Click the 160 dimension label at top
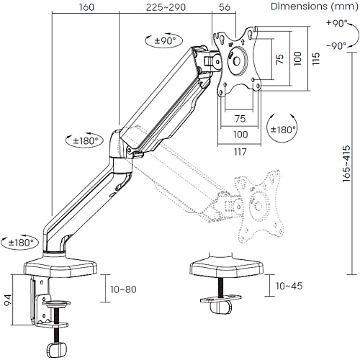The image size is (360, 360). click(86, 7)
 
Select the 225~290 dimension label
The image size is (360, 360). click(166, 7)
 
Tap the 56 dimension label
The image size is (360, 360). click(225, 7)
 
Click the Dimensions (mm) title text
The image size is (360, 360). click(315, 6)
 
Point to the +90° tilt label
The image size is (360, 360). click(337, 23)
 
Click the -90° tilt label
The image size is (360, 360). click(336, 45)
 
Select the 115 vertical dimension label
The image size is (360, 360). click(316, 58)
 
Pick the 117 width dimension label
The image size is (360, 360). click(240, 152)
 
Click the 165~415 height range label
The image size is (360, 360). click(346, 163)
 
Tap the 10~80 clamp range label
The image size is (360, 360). click(123, 289)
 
